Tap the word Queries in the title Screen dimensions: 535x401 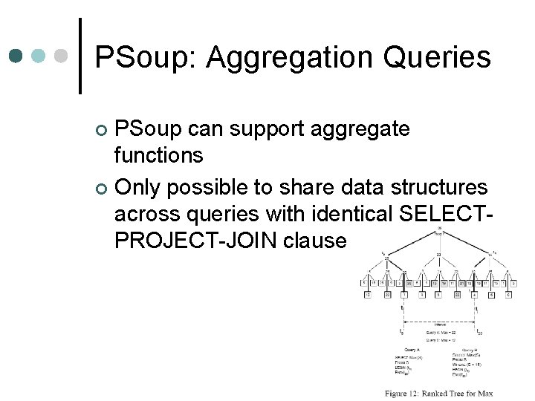(x=443, y=57)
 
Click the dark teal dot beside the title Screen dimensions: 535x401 (x=16, y=56)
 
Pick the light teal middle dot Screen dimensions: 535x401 (x=39, y=56)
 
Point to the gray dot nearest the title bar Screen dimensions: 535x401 (x=62, y=56)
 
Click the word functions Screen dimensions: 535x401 (x=158, y=156)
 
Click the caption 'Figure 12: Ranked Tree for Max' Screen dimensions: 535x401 (x=438, y=393)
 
